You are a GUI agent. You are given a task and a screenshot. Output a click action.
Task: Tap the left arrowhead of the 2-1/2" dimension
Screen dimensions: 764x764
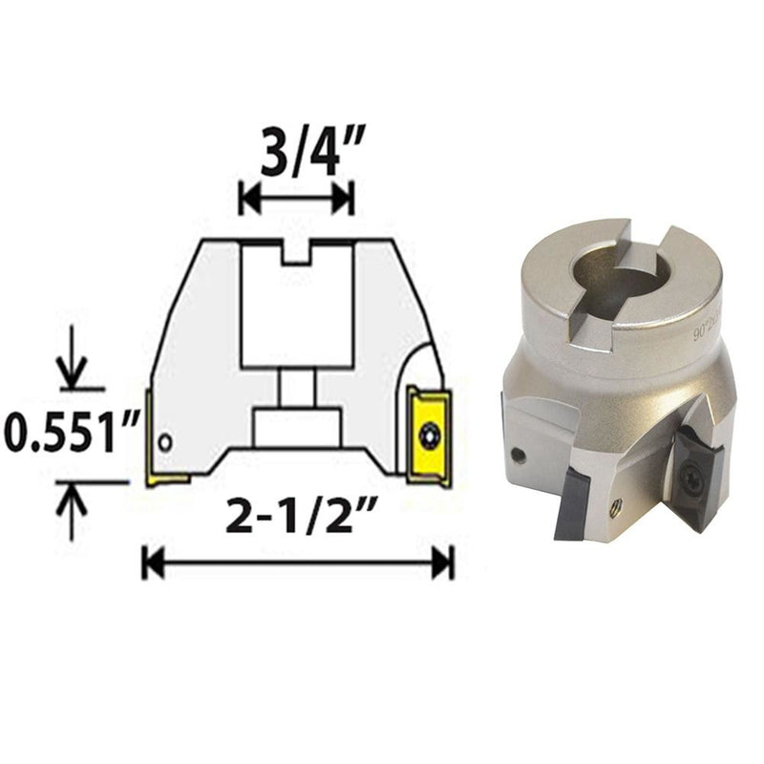[149, 563]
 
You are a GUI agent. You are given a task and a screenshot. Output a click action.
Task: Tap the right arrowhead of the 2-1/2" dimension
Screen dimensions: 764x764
[443, 563]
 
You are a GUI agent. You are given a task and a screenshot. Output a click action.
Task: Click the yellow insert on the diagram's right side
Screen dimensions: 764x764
[425, 435]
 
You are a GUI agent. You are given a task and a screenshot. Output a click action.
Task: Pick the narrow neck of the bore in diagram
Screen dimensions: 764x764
[296, 388]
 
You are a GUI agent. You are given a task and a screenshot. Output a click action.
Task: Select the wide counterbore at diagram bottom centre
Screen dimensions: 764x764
[296, 425]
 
